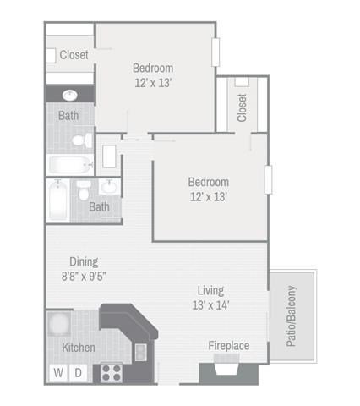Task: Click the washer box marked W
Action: point(58,373)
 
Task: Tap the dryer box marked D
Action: point(78,373)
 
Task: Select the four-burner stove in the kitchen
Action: point(112,373)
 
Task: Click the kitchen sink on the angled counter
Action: point(140,353)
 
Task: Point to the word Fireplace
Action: point(229,346)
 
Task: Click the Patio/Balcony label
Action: point(292,316)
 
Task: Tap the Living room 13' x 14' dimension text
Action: point(210,305)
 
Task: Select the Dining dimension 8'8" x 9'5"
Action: point(84,277)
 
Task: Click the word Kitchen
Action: point(79,348)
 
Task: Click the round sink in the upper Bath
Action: point(70,96)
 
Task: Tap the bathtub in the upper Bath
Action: point(70,165)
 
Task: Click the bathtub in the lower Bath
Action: point(58,200)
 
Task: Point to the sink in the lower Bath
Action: point(110,187)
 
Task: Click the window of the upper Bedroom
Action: point(215,52)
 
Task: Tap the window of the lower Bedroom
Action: point(268,179)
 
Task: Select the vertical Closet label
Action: point(242,107)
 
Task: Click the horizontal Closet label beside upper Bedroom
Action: point(74,55)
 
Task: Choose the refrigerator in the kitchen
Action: point(59,323)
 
